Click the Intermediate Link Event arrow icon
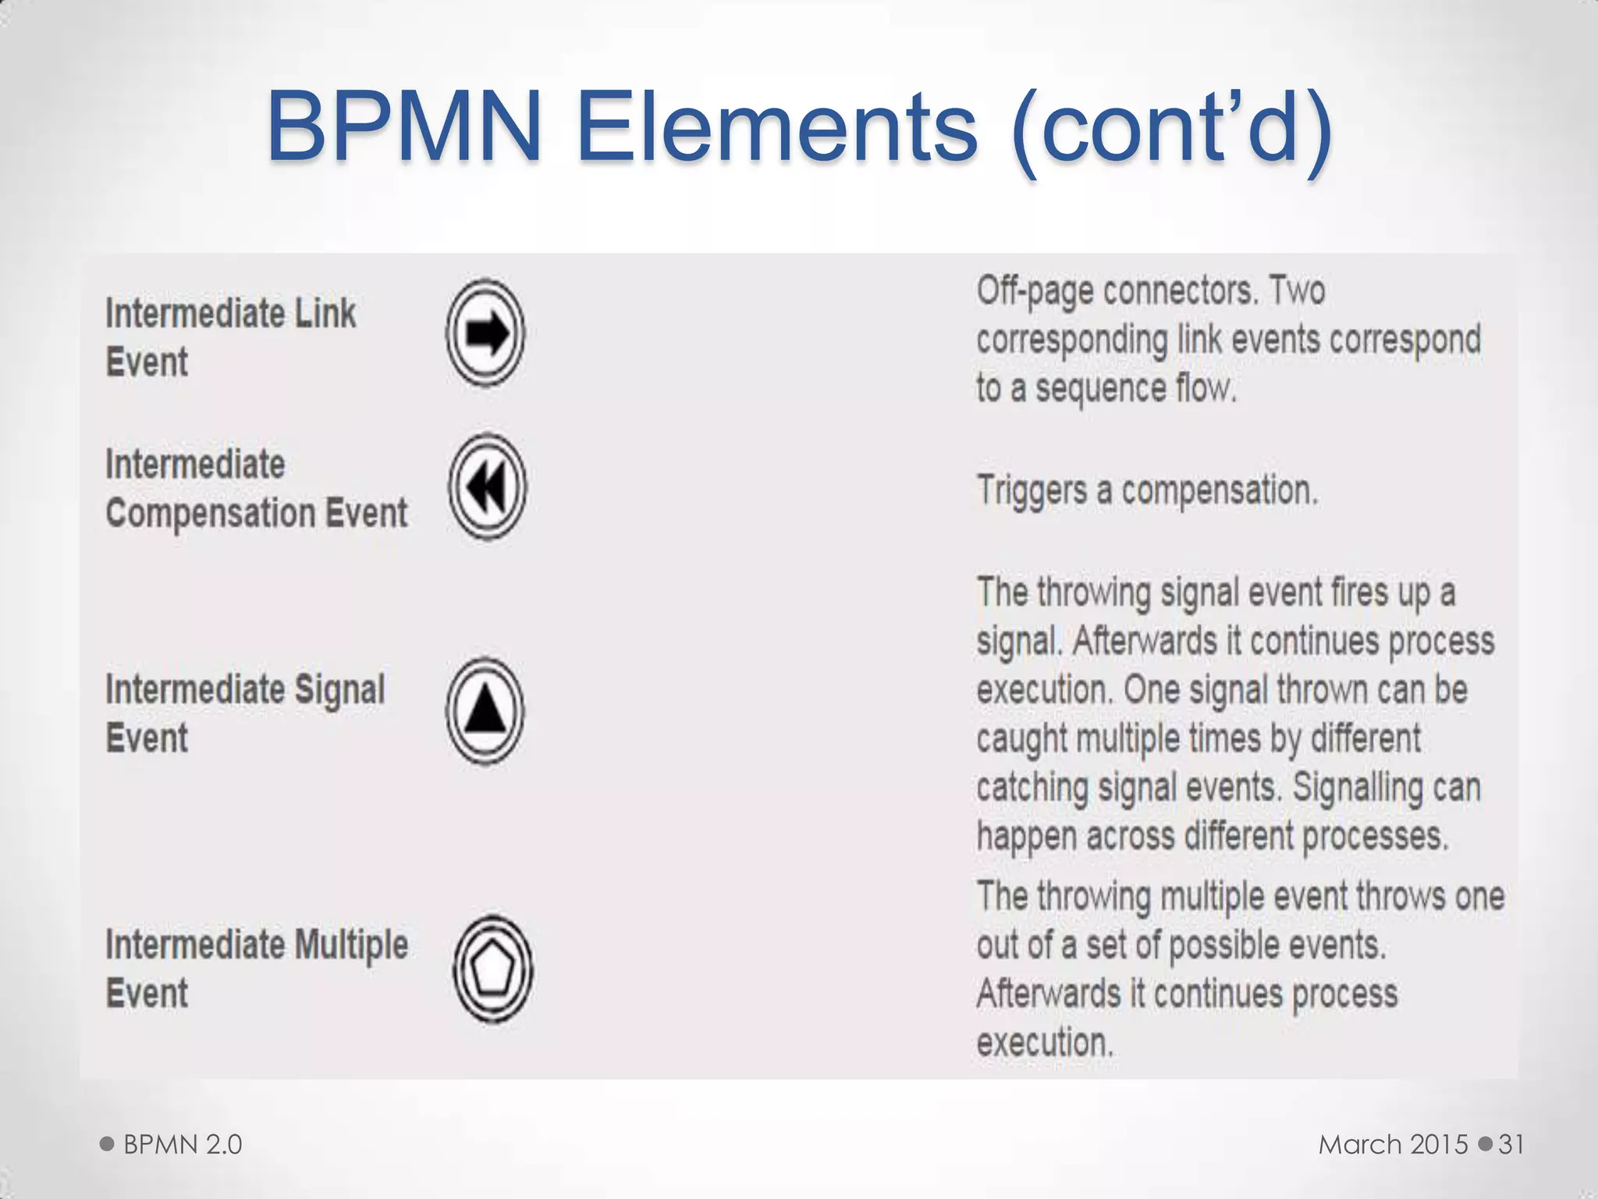pos(485,333)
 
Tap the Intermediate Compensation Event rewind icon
pos(487,487)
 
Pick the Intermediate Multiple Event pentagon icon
pos(492,969)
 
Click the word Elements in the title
pos(777,126)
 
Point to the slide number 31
pos(1511,1144)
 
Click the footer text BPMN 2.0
pos(183,1144)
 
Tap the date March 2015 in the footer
pos(1394,1144)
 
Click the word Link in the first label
pos(325,314)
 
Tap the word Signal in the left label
pos(339,690)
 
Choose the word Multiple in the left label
pos(351,945)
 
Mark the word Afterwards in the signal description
pos(1145,642)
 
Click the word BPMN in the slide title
pos(404,126)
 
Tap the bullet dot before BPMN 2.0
pos(107,1144)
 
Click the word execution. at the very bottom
pos(1045,1043)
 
